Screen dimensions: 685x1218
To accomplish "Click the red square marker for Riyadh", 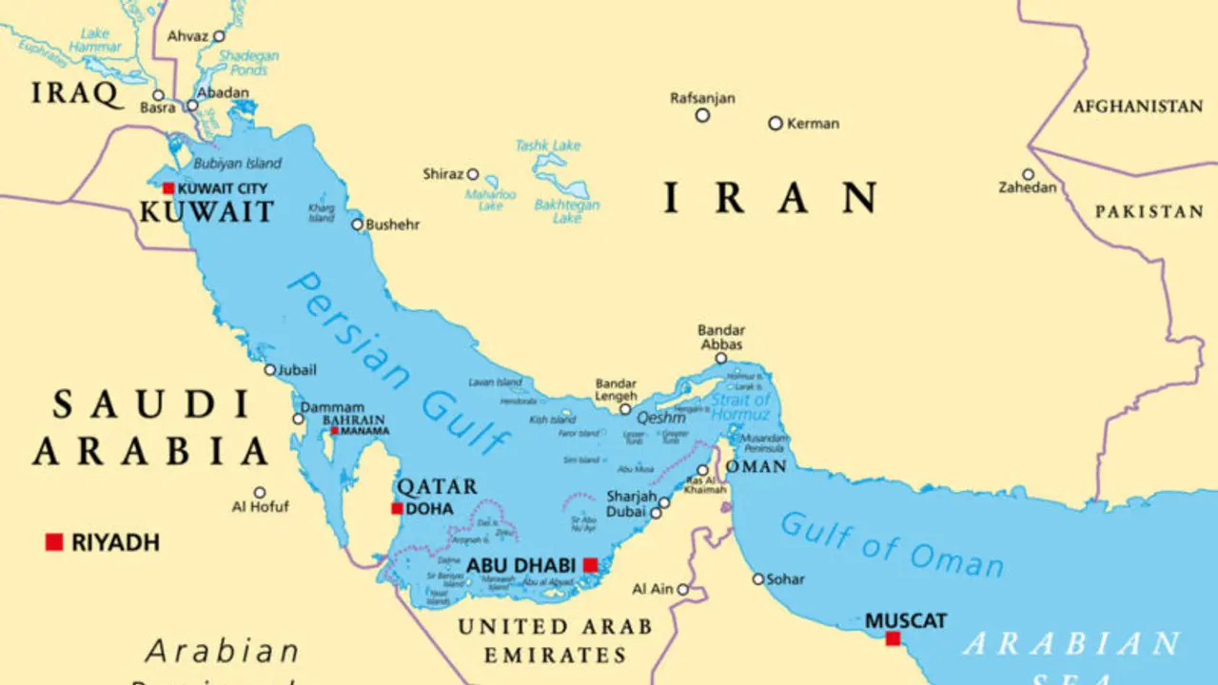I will (54, 542).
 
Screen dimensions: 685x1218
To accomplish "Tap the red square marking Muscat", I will (893, 638).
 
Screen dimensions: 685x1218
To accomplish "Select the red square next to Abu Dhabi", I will (590, 565).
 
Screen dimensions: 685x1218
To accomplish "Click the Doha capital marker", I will (397, 508).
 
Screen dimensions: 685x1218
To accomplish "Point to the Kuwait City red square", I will (168, 188).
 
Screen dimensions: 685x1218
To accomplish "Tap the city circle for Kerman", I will (776, 124).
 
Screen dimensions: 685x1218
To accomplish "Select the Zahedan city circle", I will (1028, 175).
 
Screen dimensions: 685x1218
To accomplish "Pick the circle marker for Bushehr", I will (358, 225).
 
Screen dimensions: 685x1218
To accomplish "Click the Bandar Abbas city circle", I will (721, 359).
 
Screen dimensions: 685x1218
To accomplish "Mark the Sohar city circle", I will (758, 578).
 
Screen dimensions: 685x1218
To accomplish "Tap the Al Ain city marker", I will (682, 590).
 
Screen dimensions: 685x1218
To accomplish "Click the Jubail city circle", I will (270, 370).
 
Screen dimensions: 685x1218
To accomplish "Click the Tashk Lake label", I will (547, 146).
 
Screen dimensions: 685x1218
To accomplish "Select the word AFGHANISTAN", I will (1138, 107).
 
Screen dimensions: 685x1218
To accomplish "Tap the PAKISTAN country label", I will (1149, 211).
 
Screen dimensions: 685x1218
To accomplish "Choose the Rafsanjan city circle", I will (702, 115).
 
